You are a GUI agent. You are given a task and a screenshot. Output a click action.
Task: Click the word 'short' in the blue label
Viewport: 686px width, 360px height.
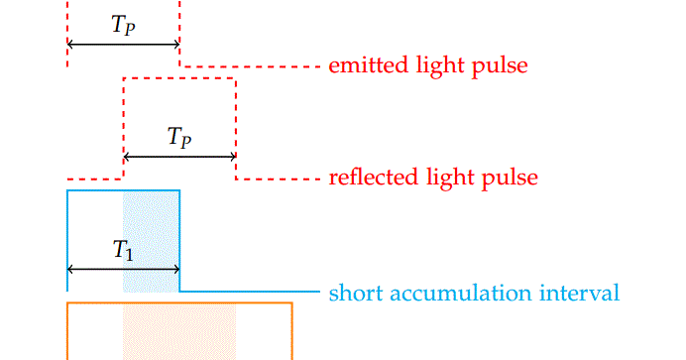click(x=351, y=293)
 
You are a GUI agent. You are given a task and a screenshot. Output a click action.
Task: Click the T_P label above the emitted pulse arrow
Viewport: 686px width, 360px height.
click(x=123, y=27)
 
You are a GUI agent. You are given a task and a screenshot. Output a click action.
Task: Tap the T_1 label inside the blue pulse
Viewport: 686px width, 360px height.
click(x=123, y=251)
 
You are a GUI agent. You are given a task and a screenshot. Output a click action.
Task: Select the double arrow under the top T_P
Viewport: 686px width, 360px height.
click(x=123, y=45)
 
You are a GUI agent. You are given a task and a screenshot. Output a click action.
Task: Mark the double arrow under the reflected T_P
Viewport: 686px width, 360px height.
click(x=179, y=157)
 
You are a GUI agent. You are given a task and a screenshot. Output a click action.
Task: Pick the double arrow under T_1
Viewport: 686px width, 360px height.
click(x=123, y=269)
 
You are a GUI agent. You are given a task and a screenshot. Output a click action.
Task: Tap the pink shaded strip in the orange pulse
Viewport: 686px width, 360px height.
click(x=179, y=332)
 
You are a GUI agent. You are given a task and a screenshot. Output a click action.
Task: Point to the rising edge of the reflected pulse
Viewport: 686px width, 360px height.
click(x=123, y=129)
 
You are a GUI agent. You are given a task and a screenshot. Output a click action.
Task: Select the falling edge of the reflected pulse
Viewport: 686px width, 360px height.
click(x=236, y=129)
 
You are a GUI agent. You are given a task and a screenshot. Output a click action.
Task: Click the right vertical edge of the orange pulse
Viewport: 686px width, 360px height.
click(x=292, y=332)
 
